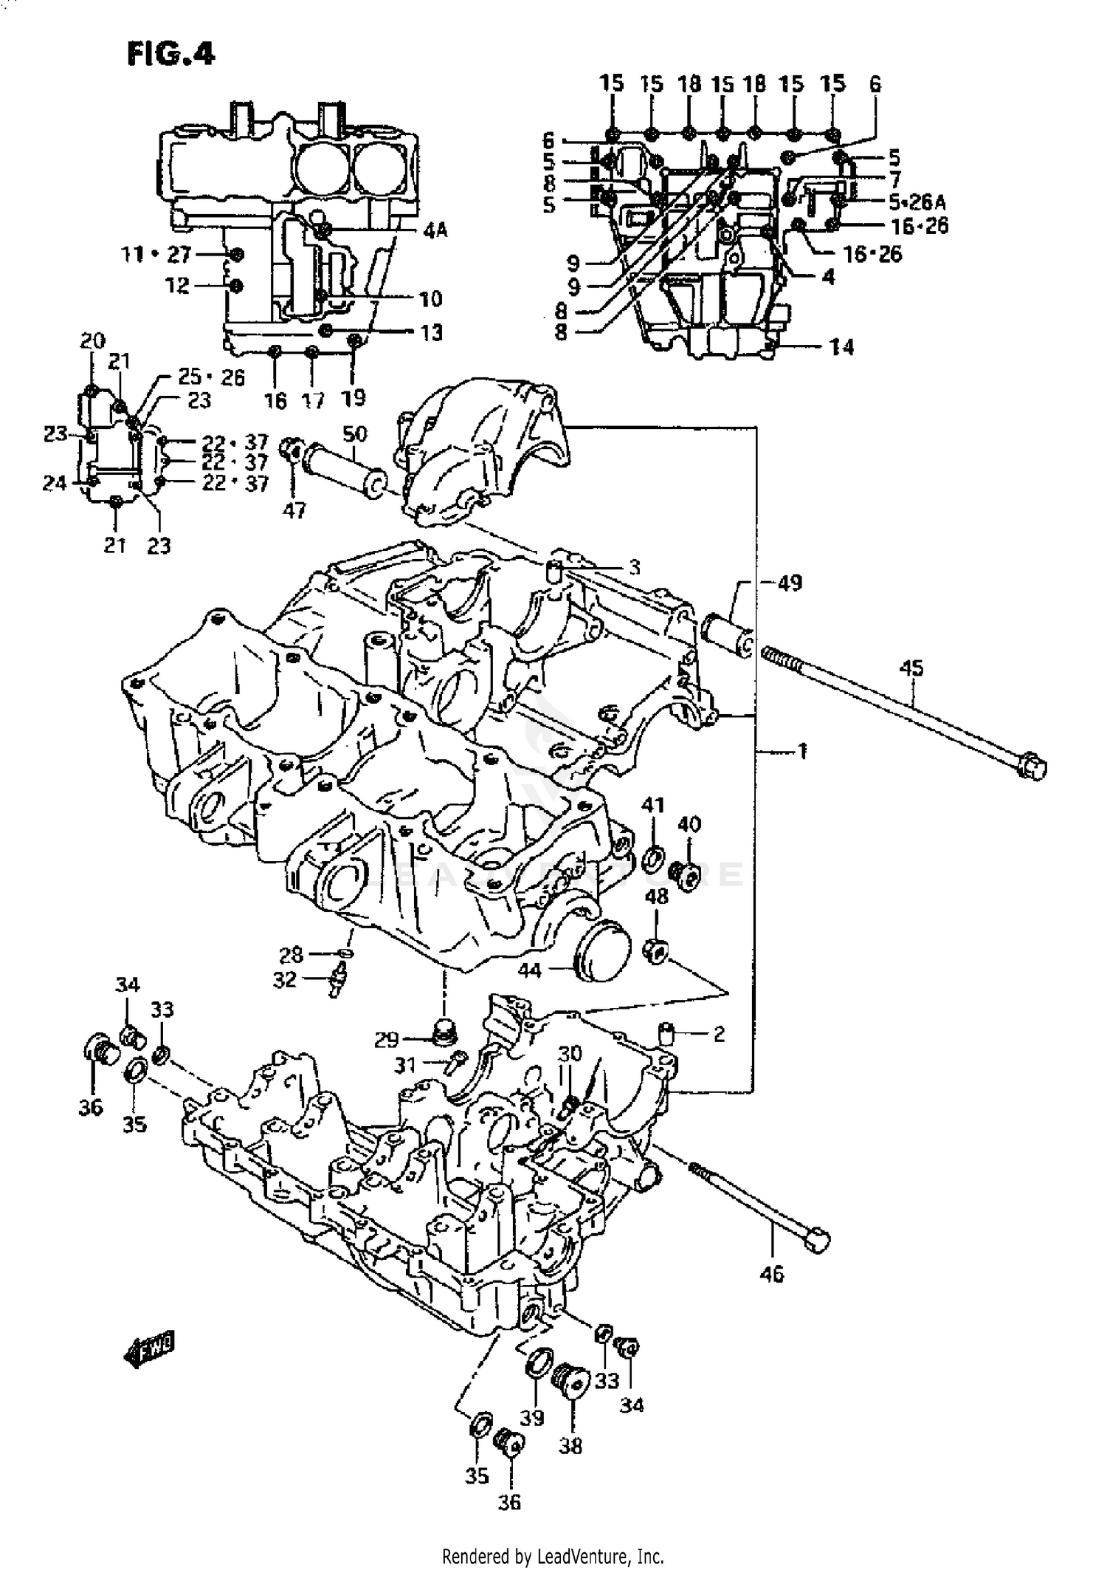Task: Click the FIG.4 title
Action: point(170,53)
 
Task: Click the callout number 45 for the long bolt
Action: point(911,668)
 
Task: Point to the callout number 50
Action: point(354,433)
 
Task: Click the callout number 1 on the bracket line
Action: point(802,752)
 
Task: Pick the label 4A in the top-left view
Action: point(435,231)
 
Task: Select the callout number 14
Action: point(841,346)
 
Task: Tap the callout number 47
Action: point(294,510)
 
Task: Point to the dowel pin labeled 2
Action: point(666,1032)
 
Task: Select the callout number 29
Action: point(386,1041)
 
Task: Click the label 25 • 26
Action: point(211,377)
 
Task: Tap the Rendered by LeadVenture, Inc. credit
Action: point(553,1555)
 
